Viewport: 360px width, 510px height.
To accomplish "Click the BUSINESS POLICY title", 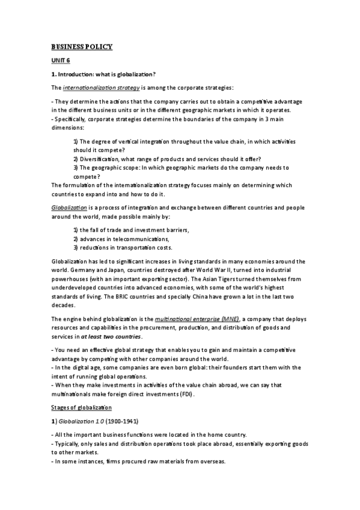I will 81,47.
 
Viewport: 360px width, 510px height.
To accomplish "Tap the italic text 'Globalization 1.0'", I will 82,421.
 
